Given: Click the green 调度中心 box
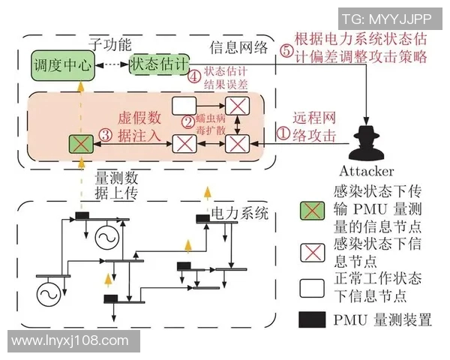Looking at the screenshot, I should tap(62, 66).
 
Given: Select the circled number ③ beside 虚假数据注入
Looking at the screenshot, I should tap(106, 135).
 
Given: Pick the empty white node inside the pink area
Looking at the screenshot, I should tap(184, 105).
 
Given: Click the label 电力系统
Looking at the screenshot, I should tap(239, 214).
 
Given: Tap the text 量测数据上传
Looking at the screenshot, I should tap(118, 185).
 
